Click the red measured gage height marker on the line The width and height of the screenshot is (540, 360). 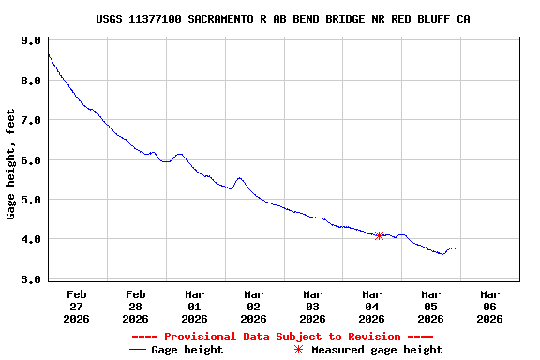point(379,235)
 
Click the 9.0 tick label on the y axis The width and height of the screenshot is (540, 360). point(30,41)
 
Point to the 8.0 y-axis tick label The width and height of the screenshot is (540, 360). point(30,81)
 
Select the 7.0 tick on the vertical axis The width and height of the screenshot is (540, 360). point(30,121)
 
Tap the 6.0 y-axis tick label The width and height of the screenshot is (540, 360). point(30,160)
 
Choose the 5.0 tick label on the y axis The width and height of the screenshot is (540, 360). point(30,200)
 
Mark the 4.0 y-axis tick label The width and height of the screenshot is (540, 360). point(30,239)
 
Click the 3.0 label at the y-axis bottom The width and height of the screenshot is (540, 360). point(30,279)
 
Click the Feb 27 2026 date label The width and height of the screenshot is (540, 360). point(77,306)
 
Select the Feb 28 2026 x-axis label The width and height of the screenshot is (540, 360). point(136,306)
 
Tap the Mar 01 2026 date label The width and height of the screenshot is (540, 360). point(195,306)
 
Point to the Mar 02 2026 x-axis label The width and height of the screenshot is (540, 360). point(254,306)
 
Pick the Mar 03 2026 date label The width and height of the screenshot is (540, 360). point(313,306)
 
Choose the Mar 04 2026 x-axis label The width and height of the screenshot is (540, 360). point(372,306)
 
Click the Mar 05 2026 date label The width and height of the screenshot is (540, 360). point(431,306)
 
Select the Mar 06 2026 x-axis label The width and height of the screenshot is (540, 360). point(489,306)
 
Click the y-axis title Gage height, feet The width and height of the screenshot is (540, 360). point(11,164)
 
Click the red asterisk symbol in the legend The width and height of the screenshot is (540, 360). point(299,350)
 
